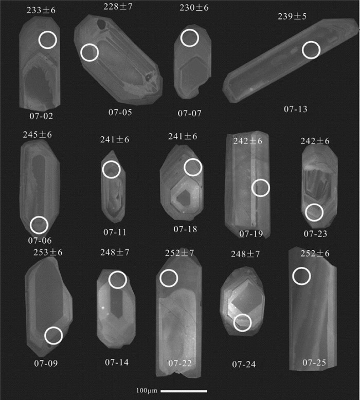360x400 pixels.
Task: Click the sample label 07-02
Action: [41, 116]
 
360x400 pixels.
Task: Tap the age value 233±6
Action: [41, 10]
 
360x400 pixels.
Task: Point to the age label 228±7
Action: [118, 7]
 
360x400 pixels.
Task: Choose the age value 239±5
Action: [292, 16]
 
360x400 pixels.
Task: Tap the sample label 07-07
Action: [190, 113]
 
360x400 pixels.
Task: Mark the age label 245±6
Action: [37, 134]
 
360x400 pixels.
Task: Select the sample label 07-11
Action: [115, 232]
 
